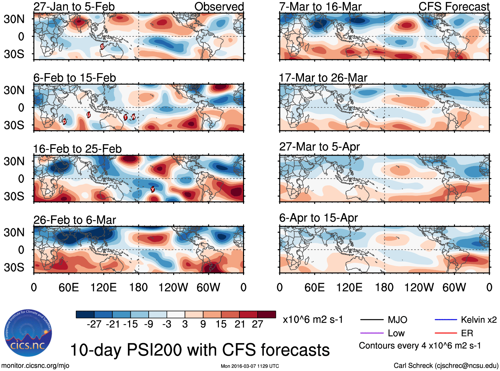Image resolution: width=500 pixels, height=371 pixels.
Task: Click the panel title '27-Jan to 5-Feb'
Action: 74,7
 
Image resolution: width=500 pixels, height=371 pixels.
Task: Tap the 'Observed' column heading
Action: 219,7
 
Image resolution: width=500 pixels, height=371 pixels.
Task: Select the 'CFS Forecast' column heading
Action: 454,7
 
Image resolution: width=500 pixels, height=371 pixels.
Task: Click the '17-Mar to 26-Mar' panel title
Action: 323,78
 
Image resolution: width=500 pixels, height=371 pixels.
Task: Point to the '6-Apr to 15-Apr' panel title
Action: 319,218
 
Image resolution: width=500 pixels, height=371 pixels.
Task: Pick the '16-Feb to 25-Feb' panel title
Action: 77,149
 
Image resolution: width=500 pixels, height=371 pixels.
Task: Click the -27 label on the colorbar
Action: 94,324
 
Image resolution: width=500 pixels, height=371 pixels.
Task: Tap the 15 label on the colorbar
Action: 221,324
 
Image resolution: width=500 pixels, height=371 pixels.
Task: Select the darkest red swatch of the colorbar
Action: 267,314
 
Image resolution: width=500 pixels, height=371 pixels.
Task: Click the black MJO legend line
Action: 372,320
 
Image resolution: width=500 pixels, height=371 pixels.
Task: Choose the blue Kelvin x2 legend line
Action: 446,320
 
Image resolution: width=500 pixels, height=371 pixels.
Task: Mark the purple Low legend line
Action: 372,333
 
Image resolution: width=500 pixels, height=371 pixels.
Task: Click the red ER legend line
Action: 446,333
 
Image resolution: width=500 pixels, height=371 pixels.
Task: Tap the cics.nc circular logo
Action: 28,333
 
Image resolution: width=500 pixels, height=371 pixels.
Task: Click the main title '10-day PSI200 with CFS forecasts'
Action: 200,350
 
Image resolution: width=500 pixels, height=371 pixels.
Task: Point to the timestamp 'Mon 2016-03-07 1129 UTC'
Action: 250,366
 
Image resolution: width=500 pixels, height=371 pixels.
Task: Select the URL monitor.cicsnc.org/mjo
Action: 35,366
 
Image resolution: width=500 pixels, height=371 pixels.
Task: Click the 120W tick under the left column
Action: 173,287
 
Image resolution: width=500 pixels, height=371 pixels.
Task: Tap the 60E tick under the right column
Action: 314,287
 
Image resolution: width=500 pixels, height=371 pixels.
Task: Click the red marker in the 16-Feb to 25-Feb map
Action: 153,189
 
